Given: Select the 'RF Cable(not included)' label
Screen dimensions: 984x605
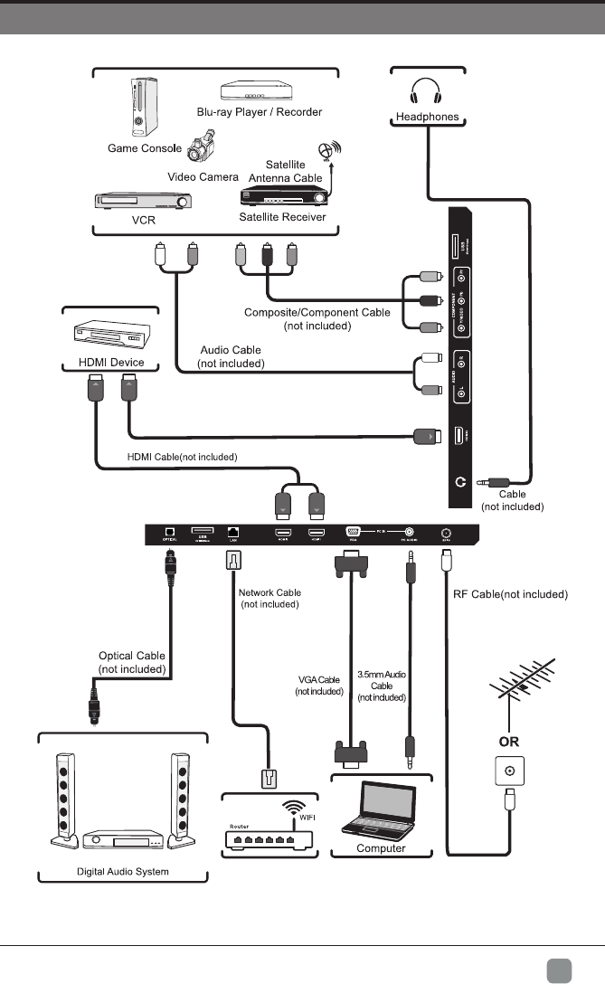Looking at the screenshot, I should pos(509,594).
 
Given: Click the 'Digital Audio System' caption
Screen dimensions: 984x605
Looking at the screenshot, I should pos(122,872).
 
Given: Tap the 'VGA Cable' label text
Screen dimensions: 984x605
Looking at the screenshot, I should pos(320,679).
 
